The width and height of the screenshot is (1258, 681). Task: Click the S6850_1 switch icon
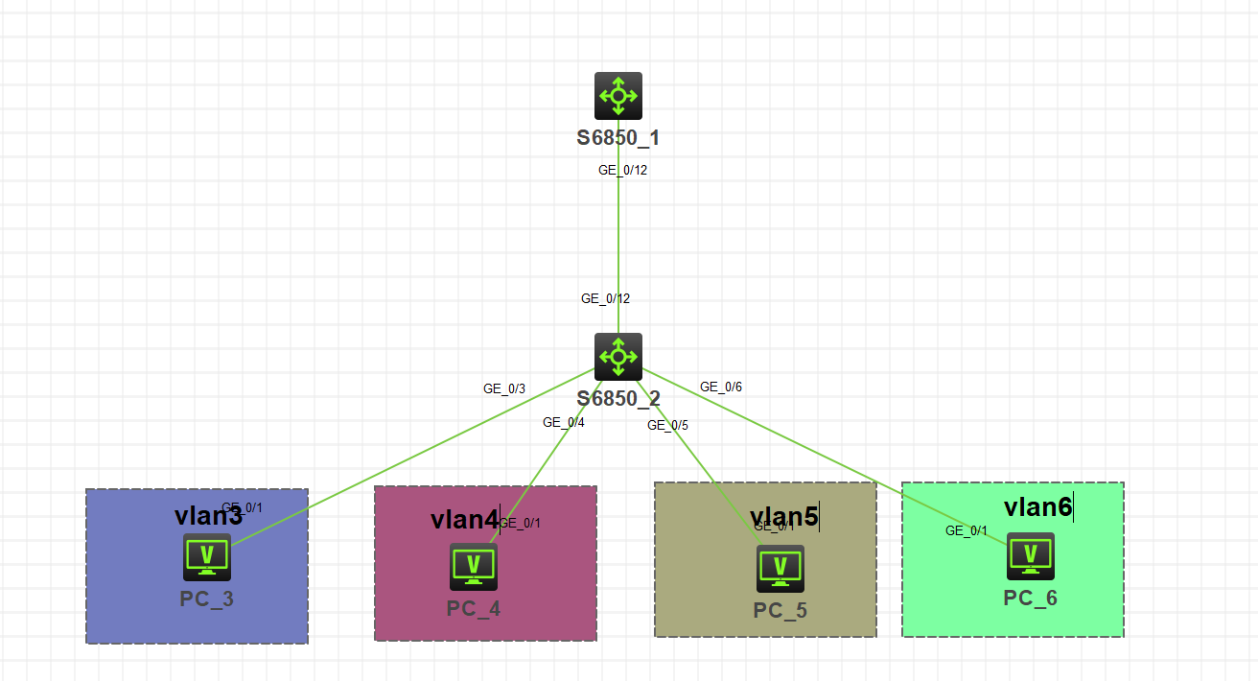[x=618, y=96]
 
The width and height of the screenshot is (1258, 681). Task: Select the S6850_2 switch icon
[x=618, y=357]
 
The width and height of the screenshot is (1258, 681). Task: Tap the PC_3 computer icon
[x=207, y=557]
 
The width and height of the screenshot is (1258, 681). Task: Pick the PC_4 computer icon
[x=474, y=567]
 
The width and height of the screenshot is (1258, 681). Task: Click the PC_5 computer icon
[x=780, y=569]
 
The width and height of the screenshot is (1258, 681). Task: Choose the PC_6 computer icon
[x=1031, y=556]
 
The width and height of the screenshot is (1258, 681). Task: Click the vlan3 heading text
[x=208, y=516]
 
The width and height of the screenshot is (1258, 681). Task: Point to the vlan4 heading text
[x=464, y=520]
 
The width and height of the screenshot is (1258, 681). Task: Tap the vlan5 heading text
[x=783, y=517]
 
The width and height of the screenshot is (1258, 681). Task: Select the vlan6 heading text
[x=1037, y=506]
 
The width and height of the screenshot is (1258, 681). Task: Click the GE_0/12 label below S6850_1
[x=623, y=170]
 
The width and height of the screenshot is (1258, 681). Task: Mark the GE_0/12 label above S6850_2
[x=606, y=298]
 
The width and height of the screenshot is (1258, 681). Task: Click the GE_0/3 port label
[x=504, y=388]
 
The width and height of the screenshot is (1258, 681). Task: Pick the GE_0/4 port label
[x=564, y=422]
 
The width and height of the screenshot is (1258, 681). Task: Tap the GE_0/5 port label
[x=668, y=425]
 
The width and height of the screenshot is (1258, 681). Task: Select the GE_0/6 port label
[x=721, y=387]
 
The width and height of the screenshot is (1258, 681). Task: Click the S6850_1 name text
[x=618, y=137]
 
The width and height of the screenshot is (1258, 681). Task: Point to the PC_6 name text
[x=1031, y=599]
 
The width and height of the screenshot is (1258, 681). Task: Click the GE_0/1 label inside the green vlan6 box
[x=967, y=530]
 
